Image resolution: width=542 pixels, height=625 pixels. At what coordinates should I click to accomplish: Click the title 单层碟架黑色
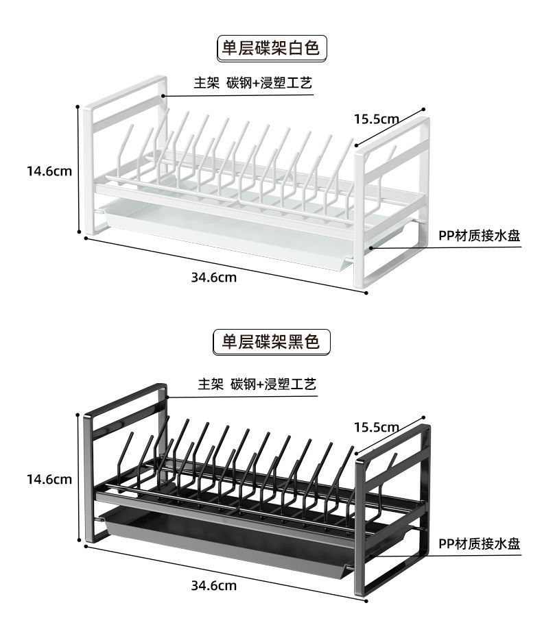click(271, 341)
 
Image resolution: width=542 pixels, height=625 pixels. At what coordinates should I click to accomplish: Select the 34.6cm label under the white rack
click(213, 277)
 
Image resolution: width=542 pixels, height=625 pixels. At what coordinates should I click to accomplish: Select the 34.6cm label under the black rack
click(213, 585)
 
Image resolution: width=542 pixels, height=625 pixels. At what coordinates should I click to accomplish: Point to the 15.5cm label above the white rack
click(376, 119)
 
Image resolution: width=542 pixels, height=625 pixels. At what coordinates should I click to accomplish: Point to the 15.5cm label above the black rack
click(376, 427)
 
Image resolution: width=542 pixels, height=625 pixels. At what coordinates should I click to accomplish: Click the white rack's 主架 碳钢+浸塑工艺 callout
click(253, 84)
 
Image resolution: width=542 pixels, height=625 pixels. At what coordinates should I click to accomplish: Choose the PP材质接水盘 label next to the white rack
click(480, 236)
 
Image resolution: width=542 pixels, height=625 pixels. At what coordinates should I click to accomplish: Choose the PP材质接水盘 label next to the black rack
click(480, 544)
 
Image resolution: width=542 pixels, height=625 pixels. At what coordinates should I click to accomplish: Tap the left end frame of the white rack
click(88, 171)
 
